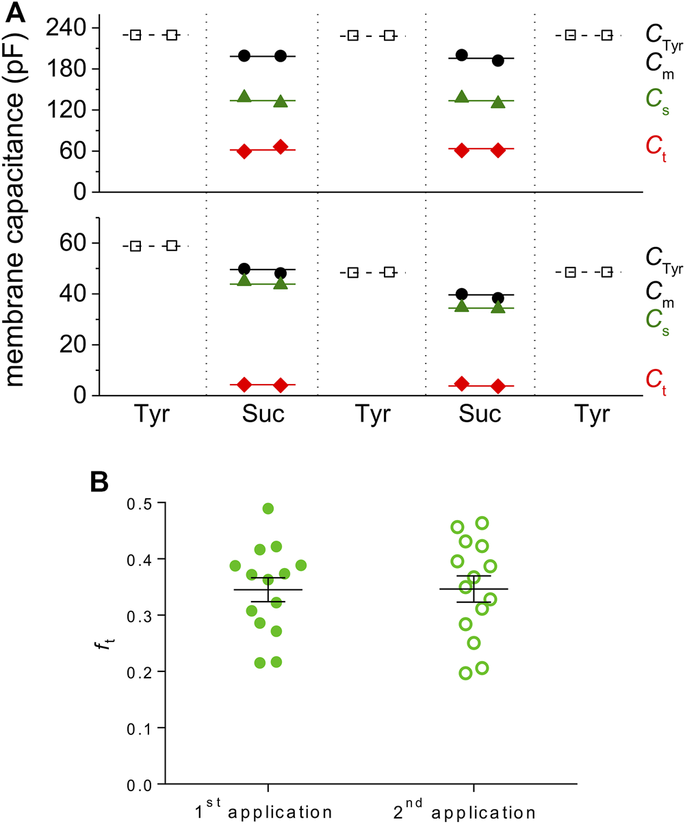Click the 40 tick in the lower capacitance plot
click(72, 294)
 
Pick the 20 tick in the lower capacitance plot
click(72, 345)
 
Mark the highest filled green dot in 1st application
click(268, 508)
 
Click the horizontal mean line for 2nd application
click(474, 589)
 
